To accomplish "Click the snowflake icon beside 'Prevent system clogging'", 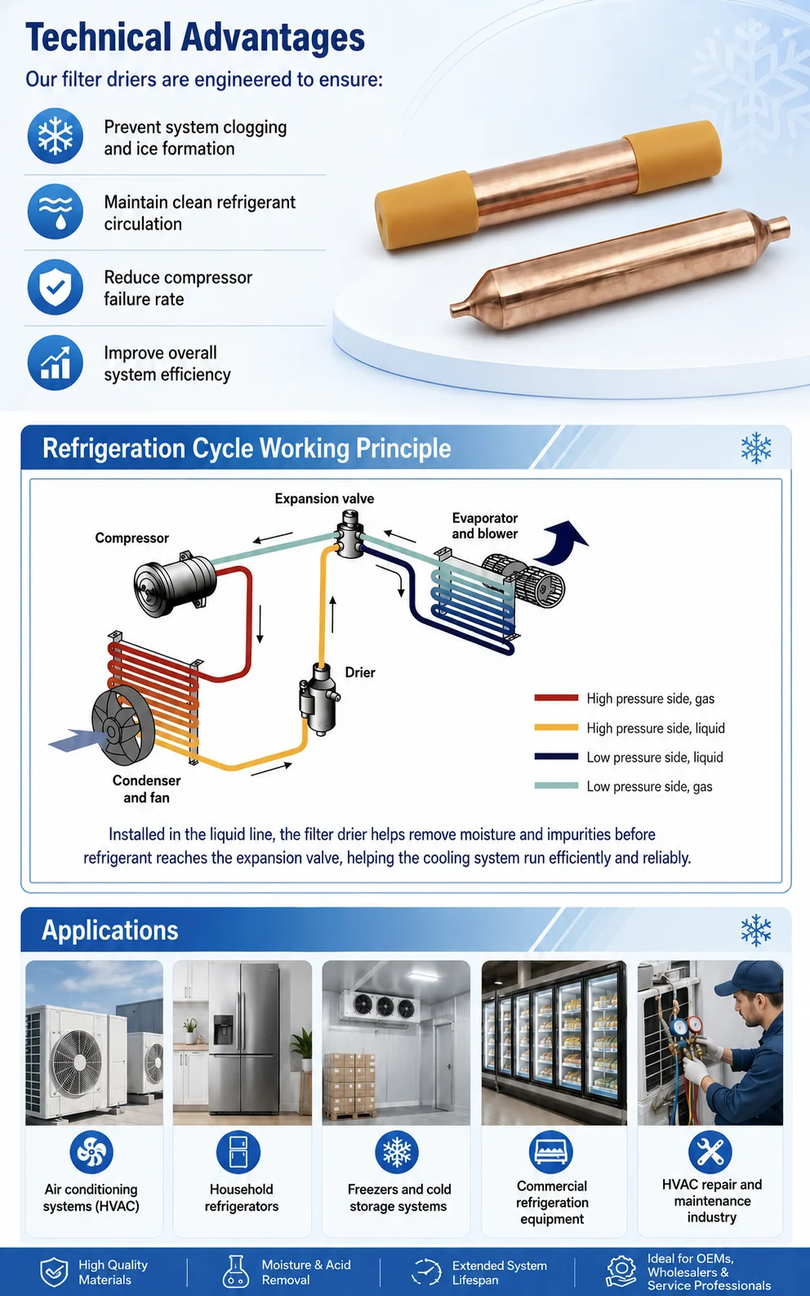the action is pos(55,136).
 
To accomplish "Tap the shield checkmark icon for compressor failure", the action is pos(55,287).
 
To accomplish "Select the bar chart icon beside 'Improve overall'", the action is pos(55,363).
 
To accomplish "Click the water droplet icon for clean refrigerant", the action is pos(55,211).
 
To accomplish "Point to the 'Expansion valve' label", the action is pos(324,498).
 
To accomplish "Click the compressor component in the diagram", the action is pos(175,583).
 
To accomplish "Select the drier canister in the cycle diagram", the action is pos(318,699).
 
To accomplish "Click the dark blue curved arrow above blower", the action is pos(559,542).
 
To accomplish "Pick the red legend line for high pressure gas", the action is pos(556,698).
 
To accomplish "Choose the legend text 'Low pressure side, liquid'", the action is pos(655,757).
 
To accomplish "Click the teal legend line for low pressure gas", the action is pos(556,786).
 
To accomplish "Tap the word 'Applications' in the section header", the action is pos(110,931).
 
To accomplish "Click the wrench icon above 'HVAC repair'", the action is pos(710,1152).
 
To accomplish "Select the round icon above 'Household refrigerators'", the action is pos(238,1152).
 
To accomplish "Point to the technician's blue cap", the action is pos(748,978).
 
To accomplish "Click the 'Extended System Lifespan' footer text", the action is pos(500,1273).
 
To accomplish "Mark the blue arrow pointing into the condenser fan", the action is pos(78,740).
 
